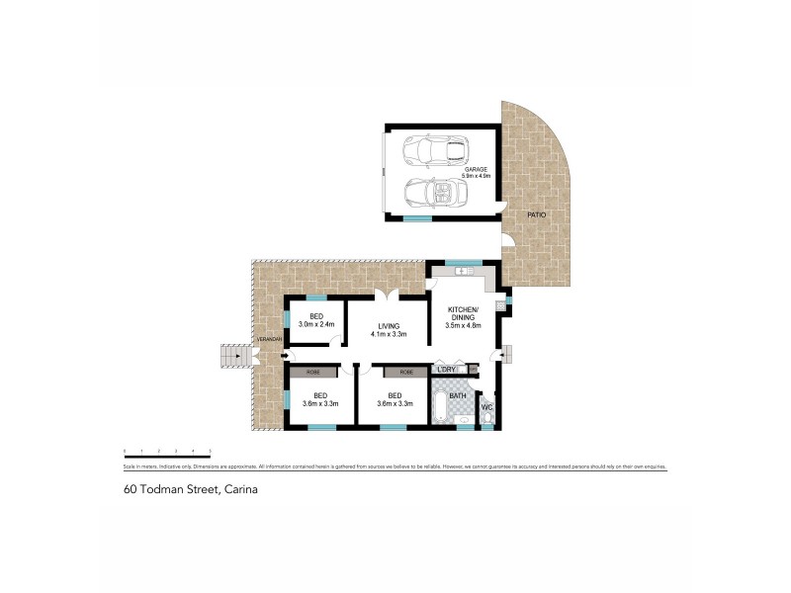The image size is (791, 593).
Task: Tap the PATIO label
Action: pos(536,214)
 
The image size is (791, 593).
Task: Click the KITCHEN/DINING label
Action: pos(462,312)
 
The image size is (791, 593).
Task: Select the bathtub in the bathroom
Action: pos(439,406)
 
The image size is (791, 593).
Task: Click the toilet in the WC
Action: pos(487,418)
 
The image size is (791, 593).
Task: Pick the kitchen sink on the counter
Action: pos(462,271)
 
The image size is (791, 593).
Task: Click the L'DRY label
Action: pos(446,371)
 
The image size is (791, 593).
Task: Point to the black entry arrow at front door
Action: pos(286,356)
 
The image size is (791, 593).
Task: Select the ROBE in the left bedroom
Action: pos(312,372)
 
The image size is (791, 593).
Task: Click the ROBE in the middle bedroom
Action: pos(405,372)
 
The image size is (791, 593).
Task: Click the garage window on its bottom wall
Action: pos(418,216)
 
